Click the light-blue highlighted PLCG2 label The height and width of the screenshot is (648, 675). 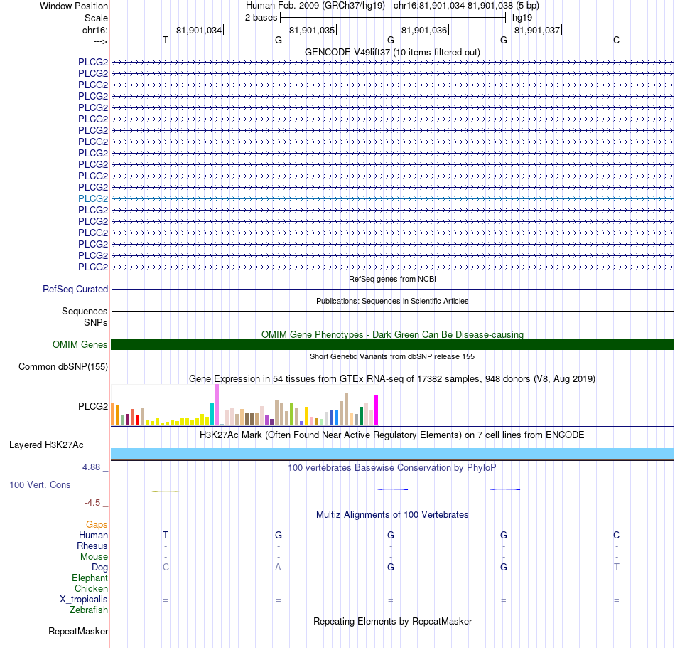tap(93, 198)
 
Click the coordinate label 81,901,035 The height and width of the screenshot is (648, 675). tap(312, 30)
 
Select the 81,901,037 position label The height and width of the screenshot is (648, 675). tap(537, 30)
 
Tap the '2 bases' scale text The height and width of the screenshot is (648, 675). tap(261, 18)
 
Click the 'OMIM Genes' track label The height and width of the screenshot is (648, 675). tap(80, 345)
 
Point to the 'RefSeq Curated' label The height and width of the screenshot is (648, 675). tap(75, 289)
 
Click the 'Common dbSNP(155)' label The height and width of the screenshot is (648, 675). tap(63, 366)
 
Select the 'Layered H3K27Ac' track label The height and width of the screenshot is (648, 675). tap(46, 445)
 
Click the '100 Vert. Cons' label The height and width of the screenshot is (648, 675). tap(40, 484)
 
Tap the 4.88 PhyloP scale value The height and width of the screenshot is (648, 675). tap(91, 467)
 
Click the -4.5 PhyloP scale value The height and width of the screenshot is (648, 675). tap(92, 503)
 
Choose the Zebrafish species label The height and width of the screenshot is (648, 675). tap(89, 610)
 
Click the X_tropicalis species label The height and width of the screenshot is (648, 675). tap(84, 600)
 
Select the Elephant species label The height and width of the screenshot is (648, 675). tap(90, 578)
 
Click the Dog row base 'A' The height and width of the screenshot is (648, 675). tap(278, 568)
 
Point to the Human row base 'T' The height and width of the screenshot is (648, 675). tap(166, 535)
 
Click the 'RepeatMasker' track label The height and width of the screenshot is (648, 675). tap(78, 631)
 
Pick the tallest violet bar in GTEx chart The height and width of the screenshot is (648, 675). tap(217, 405)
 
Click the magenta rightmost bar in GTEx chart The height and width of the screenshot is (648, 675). tap(377, 410)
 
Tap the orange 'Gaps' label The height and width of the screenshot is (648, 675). tap(97, 524)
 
